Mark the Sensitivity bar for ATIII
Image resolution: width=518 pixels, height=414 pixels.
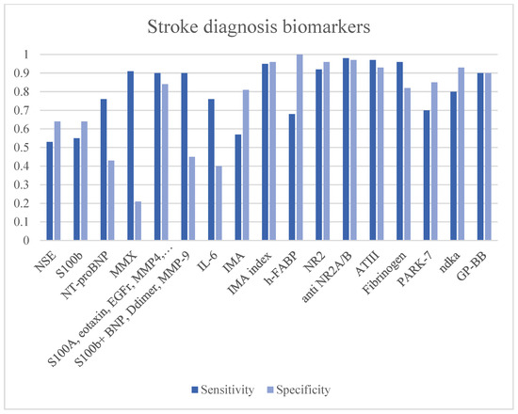coord(373,150)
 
